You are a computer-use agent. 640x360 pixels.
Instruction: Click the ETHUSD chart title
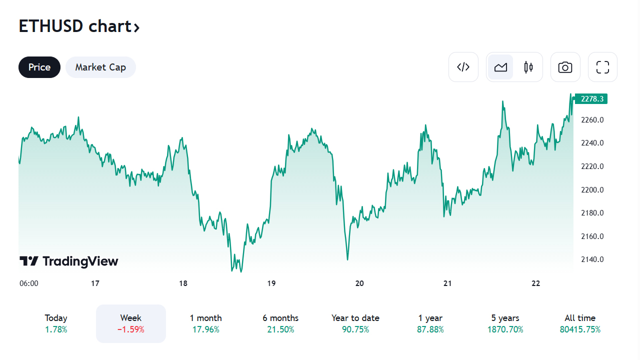pyautogui.click(x=79, y=26)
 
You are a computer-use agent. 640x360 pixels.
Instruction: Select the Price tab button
pyautogui.click(x=39, y=67)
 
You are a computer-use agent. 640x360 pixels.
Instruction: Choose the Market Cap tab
pyautogui.click(x=100, y=67)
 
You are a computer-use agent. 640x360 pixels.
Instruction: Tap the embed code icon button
pyautogui.click(x=463, y=67)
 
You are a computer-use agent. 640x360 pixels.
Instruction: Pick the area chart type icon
pyautogui.click(x=500, y=67)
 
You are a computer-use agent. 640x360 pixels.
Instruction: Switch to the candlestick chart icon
pyautogui.click(x=528, y=67)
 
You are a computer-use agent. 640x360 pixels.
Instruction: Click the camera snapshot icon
pyautogui.click(x=565, y=67)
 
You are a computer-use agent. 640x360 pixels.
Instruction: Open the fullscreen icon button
pyautogui.click(x=602, y=67)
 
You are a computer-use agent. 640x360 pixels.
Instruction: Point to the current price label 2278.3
pyautogui.click(x=592, y=99)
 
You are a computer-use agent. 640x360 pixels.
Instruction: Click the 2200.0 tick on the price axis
pyautogui.click(x=592, y=189)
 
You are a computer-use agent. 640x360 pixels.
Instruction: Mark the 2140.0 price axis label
pyautogui.click(x=592, y=259)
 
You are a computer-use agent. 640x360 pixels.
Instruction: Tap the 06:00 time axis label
pyautogui.click(x=29, y=283)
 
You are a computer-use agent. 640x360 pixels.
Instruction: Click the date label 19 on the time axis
pyautogui.click(x=271, y=283)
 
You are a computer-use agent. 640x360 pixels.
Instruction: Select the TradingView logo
pyautogui.click(x=69, y=261)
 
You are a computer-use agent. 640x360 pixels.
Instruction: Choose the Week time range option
pyautogui.click(x=130, y=323)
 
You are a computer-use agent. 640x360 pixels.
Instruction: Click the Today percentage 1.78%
pyautogui.click(x=56, y=329)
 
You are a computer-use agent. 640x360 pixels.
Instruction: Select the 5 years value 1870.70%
pyautogui.click(x=505, y=329)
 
